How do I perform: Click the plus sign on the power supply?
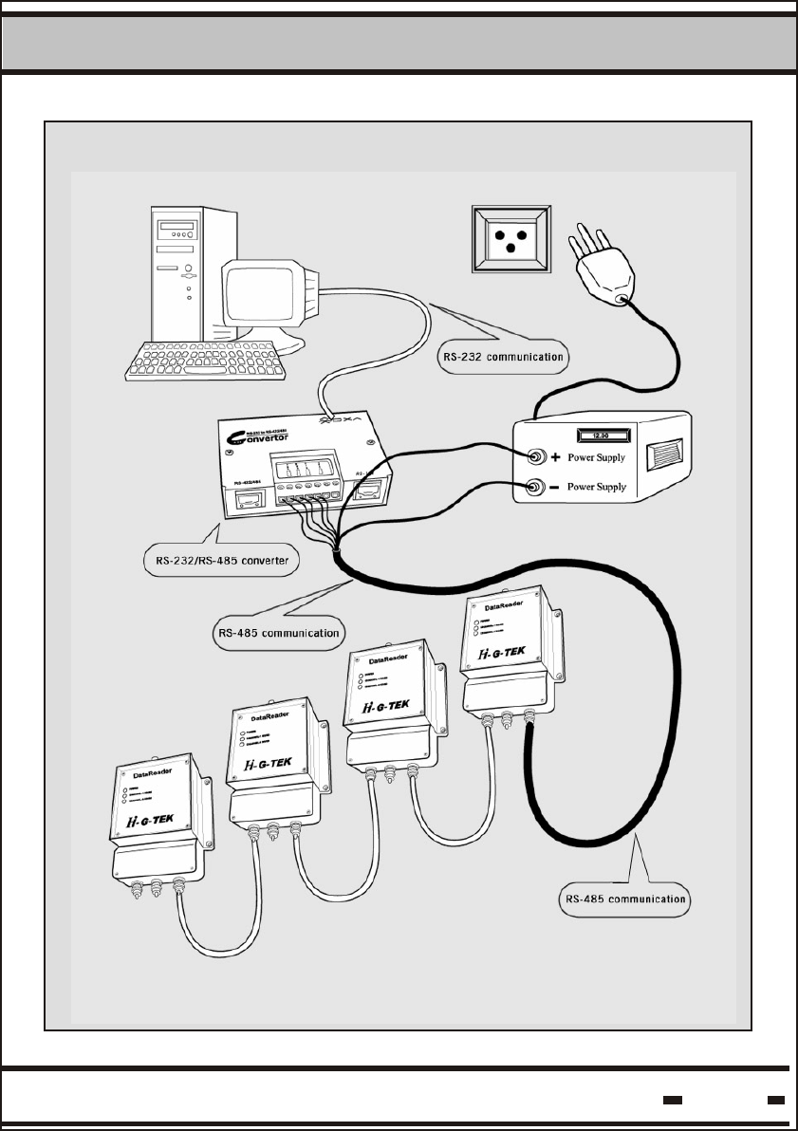pos(557,457)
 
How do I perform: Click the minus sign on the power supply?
pos(557,488)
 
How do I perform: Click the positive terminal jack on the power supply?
pos(534,458)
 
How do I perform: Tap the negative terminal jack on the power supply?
pos(534,488)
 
